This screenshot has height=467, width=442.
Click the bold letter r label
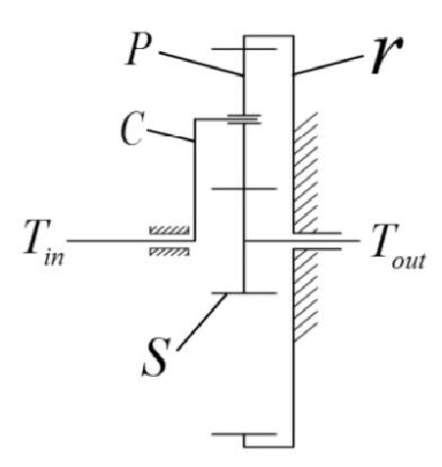tap(387, 55)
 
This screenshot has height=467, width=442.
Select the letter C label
tap(132, 129)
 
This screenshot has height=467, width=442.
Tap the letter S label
tap(157, 356)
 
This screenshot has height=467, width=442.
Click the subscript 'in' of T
tap(54, 258)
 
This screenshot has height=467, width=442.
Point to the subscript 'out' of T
tap(409, 261)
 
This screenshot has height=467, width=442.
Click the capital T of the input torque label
tap(37, 236)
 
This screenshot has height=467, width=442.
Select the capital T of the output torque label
tap(385, 240)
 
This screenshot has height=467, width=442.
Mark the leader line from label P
tap(201, 64)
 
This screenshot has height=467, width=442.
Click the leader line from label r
tap(328, 65)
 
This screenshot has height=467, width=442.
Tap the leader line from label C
tap(171, 135)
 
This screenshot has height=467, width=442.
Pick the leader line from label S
tap(202, 322)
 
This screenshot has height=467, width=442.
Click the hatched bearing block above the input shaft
tap(170, 231)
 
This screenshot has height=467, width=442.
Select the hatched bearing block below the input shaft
tap(170, 251)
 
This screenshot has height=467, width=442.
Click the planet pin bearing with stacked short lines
tap(244, 120)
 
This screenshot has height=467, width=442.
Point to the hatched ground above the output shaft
tap(306, 173)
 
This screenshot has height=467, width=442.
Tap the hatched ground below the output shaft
tap(306, 295)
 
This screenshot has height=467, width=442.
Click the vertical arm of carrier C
tap(195, 180)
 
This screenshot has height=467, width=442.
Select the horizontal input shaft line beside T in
tap(131, 240)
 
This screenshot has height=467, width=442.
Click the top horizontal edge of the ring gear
tap(269, 35)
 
